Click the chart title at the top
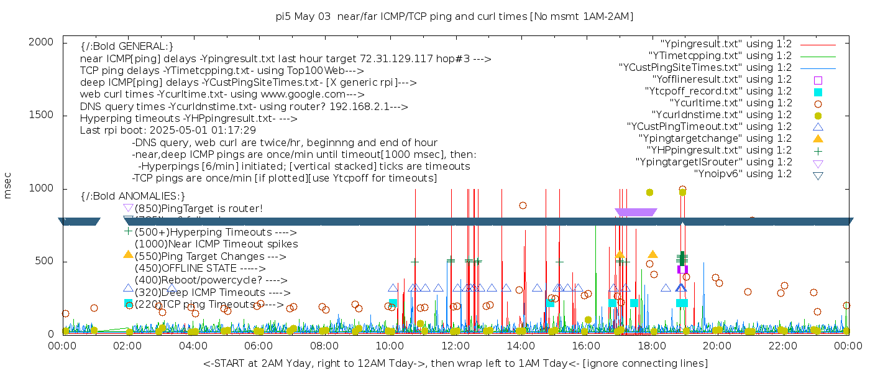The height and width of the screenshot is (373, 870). click(454, 16)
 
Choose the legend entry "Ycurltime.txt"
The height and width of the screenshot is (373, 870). click(730, 103)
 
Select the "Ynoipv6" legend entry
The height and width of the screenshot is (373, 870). click(743, 173)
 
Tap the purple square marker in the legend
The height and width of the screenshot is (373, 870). click(818, 80)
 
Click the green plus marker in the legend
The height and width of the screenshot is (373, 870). click(818, 150)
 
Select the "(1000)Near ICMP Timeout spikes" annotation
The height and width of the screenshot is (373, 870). click(216, 244)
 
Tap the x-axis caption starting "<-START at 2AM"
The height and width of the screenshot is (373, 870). click(455, 363)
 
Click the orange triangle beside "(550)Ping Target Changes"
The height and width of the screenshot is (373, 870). click(128, 254)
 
